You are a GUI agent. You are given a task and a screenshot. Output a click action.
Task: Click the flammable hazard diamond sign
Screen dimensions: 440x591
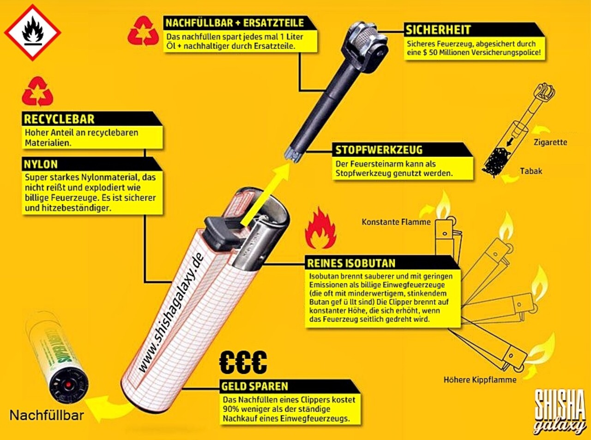click(x=32, y=32)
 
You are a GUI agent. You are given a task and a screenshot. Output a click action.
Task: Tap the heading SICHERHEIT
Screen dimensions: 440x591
click(x=438, y=30)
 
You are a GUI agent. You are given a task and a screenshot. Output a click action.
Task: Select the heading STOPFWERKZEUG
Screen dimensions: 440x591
click(x=379, y=150)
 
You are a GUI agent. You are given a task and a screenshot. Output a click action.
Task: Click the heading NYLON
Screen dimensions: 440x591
click(x=41, y=164)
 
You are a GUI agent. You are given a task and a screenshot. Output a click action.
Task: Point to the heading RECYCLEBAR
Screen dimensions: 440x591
click(x=59, y=119)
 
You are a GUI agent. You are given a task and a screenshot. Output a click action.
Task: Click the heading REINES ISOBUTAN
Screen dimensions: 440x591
click(x=351, y=263)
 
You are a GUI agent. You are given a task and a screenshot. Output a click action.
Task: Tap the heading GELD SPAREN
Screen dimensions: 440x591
click(x=254, y=386)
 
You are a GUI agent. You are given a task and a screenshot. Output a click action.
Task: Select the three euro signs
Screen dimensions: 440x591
click(x=243, y=362)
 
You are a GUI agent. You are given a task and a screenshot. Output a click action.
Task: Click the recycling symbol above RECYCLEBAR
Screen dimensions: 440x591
click(x=37, y=91)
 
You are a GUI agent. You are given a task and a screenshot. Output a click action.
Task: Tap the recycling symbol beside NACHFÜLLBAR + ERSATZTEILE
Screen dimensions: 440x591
click(x=143, y=31)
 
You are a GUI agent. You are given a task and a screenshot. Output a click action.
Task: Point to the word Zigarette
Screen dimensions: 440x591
click(x=550, y=142)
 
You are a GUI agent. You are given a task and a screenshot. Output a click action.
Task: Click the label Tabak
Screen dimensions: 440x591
click(x=531, y=171)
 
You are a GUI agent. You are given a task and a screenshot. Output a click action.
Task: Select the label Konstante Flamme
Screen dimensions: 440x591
click(x=396, y=222)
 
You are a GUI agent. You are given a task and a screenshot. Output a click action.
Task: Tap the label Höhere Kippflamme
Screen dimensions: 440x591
click(x=480, y=380)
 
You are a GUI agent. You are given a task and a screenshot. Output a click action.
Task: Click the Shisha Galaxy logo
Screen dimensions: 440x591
click(x=560, y=411)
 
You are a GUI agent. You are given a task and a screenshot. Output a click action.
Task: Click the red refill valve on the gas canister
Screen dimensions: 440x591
click(x=68, y=384)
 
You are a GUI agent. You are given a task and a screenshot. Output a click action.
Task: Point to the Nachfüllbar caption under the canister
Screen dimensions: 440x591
click(x=47, y=415)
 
